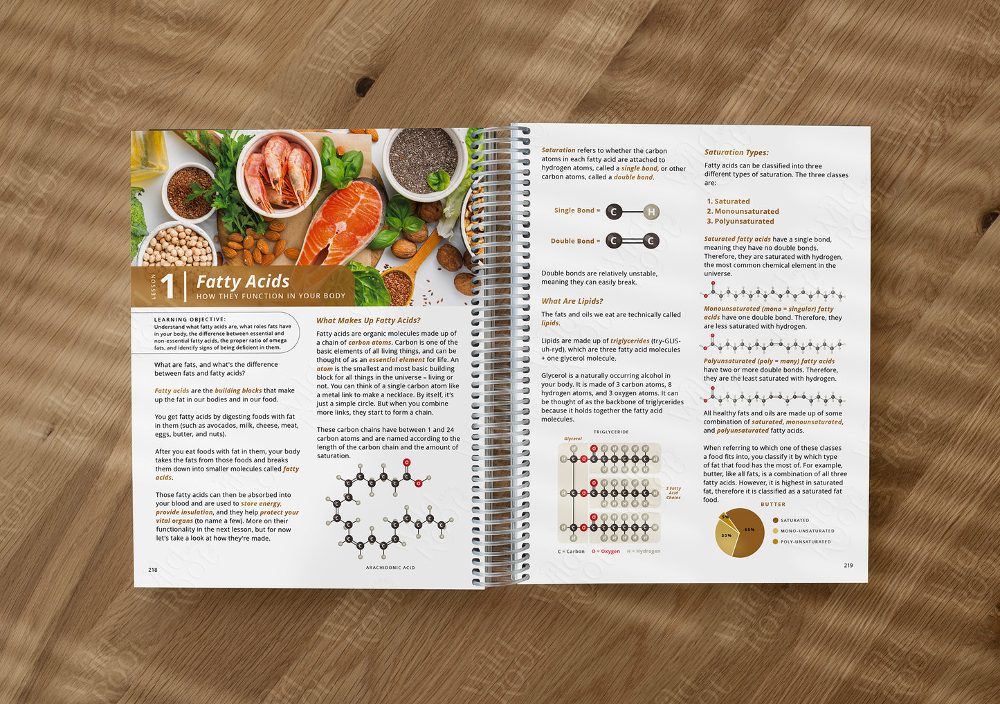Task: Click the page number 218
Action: pos(153,570)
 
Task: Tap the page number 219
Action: pos(848,566)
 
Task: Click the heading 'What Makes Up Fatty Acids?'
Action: pos(368,321)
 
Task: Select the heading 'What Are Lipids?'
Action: pos(572,301)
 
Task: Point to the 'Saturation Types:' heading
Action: pos(736,152)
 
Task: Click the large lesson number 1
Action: pos(168,286)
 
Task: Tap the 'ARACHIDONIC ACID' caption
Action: pos(390,568)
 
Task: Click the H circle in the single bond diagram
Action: pos(651,212)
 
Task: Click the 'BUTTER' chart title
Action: pos(773,505)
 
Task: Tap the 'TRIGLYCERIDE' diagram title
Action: pos(610,432)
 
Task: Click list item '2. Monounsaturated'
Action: pos(743,212)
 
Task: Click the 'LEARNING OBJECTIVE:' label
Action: pos(190,320)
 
